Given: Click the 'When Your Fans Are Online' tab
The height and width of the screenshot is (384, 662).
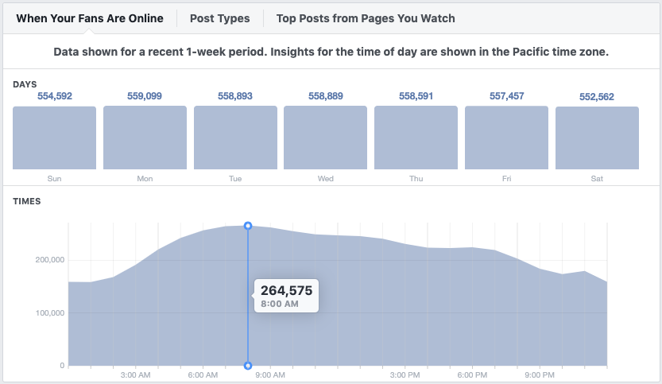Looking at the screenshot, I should (90, 18).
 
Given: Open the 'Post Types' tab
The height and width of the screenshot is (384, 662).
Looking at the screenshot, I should (219, 18).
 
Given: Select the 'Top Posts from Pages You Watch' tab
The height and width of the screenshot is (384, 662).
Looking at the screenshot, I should (366, 18).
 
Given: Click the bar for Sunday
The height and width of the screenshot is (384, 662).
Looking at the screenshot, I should (54, 138).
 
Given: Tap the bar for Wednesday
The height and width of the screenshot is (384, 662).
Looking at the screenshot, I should (326, 138).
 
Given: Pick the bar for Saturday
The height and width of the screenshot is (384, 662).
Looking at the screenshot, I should (597, 138).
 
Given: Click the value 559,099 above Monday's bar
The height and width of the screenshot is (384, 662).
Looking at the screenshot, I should (145, 96).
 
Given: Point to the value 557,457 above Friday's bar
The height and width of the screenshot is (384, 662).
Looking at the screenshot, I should (506, 96).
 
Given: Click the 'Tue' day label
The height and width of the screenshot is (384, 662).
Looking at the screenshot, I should (235, 179).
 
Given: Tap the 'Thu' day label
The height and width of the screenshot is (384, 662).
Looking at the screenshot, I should (416, 179).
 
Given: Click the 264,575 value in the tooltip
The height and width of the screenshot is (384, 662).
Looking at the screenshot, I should (286, 290).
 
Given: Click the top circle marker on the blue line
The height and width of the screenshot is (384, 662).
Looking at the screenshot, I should (248, 227).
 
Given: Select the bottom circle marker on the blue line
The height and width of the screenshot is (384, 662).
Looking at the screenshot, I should (248, 366).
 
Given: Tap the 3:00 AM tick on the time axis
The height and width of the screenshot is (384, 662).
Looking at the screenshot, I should (136, 374).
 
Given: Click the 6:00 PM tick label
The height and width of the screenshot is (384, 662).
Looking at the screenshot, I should (472, 374).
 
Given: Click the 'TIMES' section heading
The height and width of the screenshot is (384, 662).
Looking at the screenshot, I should (27, 202).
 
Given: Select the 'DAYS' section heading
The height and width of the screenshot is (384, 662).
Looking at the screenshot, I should (25, 84).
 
